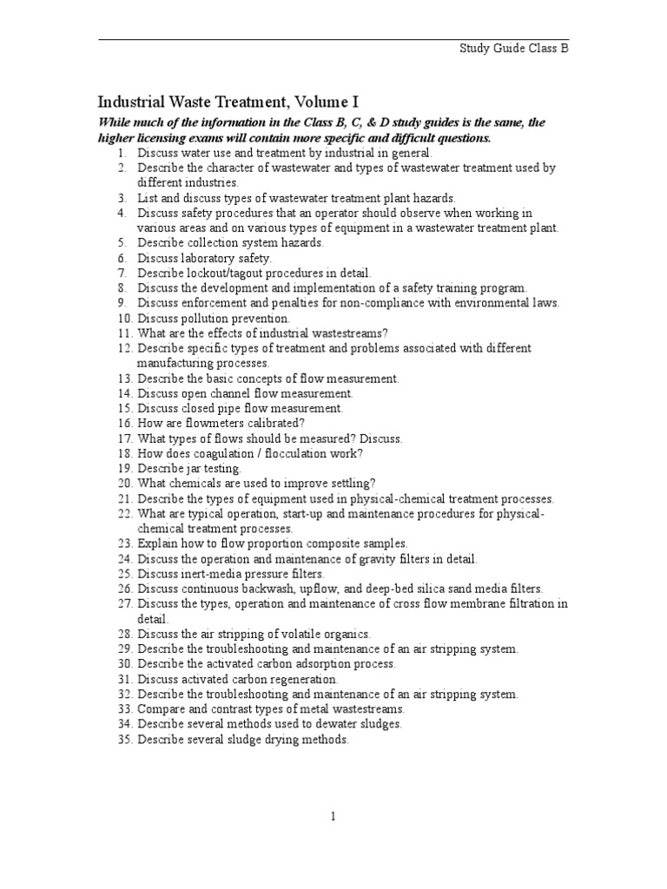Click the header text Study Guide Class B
513,49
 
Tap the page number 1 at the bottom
333,816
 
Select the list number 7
124,273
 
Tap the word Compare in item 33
160,708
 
